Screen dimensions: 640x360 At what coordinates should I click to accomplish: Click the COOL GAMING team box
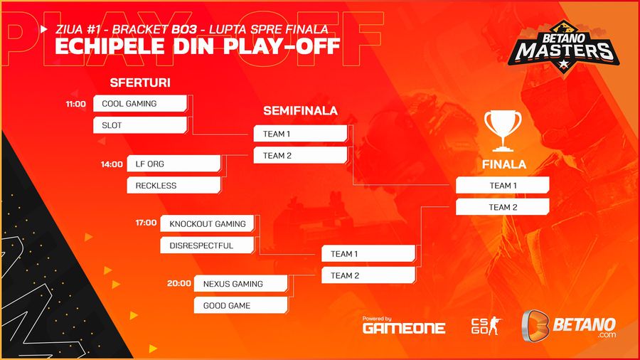pyautogui.click(x=140, y=104)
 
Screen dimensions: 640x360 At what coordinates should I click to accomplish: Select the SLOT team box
pyautogui.click(x=140, y=125)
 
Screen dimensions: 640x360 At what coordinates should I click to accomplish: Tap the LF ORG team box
pyautogui.click(x=174, y=164)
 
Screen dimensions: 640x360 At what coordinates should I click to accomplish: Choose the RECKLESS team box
pyautogui.click(x=174, y=185)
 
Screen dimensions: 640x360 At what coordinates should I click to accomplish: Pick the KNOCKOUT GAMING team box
pyautogui.click(x=208, y=223)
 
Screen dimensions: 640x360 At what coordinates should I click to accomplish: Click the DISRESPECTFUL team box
pyautogui.click(x=208, y=245)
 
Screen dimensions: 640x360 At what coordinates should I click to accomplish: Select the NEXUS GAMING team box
pyautogui.click(x=241, y=284)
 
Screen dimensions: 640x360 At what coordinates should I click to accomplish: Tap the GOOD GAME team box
pyautogui.click(x=241, y=305)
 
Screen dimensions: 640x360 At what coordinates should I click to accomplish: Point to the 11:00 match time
pyautogui.click(x=76, y=104)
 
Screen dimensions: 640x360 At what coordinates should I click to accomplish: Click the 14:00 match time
pyautogui.click(x=112, y=164)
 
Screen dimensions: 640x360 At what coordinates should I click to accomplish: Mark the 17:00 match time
pyautogui.click(x=146, y=223)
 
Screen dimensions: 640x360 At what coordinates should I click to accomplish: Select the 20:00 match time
pyautogui.click(x=179, y=283)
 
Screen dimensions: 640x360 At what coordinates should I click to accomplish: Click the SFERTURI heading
pyautogui.click(x=140, y=83)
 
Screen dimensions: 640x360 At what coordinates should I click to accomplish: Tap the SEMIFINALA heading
pyautogui.click(x=300, y=110)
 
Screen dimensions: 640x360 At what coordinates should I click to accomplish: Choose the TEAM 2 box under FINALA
pyautogui.click(x=503, y=207)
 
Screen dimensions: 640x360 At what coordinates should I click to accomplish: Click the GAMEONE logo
pyautogui.click(x=404, y=325)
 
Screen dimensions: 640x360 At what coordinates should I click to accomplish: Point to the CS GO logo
pyautogui.click(x=486, y=326)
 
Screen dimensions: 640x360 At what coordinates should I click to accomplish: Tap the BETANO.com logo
pyautogui.click(x=569, y=326)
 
